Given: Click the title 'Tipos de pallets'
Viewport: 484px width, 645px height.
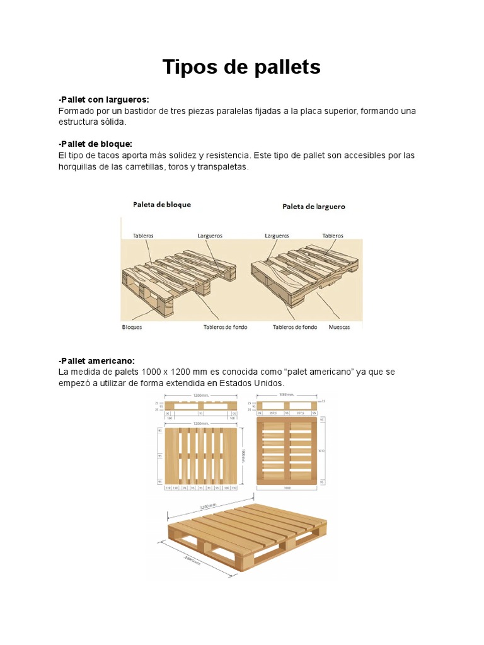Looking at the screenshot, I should pyautogui.click(x=241, y=67).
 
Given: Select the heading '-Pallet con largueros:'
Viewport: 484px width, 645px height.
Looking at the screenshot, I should pyautogui.click(x=103, y=100).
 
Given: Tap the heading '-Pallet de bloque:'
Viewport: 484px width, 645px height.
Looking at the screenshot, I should pyautogui.click(x=95, y=144).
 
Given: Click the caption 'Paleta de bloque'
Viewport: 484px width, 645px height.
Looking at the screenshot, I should pyautogui.click(x=161, y=204).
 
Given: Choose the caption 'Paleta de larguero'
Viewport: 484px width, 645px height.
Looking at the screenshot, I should pyautogui.click(x=313, y=206).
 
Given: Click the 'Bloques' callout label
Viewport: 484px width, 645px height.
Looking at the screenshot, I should pyautogui.click(x=132, y=328).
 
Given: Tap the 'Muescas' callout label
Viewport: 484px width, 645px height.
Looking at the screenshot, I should pyautogui.click(x=339, y=328).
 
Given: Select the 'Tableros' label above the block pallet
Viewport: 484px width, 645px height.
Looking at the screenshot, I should pyautogui.click(x=143, y=236).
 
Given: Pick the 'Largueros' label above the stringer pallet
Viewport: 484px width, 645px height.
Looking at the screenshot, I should pyautogui.click(x=277, y=236).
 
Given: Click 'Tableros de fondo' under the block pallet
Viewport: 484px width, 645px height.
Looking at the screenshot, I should pyautogui.click(x=225, y=328).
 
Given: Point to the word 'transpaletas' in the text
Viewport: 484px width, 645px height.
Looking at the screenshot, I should pyautogui.click(x=224, y=167).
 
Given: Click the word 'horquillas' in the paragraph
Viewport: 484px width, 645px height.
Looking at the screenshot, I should pyautogui.click(x=79, y=167).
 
